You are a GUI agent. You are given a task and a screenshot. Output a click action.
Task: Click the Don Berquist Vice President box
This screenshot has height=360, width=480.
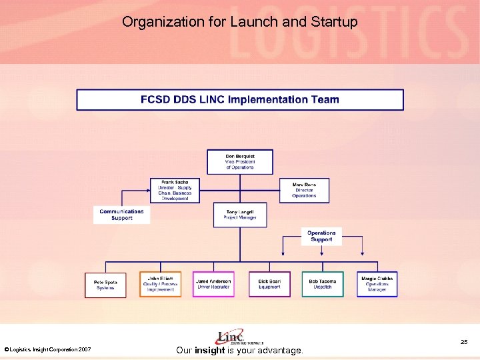pos(240,162)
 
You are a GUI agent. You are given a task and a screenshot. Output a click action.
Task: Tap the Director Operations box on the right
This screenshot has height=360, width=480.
pos(304,190)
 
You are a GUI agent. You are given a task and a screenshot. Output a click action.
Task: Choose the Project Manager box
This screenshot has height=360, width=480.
pos(240,214)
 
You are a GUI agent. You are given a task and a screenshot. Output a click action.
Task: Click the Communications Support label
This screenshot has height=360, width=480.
pos(121,215)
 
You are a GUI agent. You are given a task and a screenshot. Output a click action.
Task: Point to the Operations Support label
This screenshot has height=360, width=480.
pos(321,236)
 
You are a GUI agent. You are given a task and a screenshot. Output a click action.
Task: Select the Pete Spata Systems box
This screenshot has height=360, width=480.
pos(105,285)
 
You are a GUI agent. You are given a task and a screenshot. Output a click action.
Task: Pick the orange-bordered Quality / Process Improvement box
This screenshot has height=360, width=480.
pos(160,285)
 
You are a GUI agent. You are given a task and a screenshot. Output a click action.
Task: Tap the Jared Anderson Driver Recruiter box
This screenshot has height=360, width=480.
pos(213,285)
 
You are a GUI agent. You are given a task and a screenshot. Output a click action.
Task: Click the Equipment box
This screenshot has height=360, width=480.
pos(269,285)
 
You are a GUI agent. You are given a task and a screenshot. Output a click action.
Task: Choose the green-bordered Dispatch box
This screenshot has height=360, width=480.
pos(323,285)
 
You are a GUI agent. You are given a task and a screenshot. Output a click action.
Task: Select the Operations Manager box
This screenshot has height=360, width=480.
pos(377,285)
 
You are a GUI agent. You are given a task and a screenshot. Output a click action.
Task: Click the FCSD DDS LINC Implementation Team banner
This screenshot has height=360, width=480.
pos(240,100)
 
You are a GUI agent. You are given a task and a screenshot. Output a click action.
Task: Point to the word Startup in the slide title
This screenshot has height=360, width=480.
pos(334,22)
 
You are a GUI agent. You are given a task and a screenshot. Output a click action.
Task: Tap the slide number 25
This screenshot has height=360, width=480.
pos(464,342)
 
